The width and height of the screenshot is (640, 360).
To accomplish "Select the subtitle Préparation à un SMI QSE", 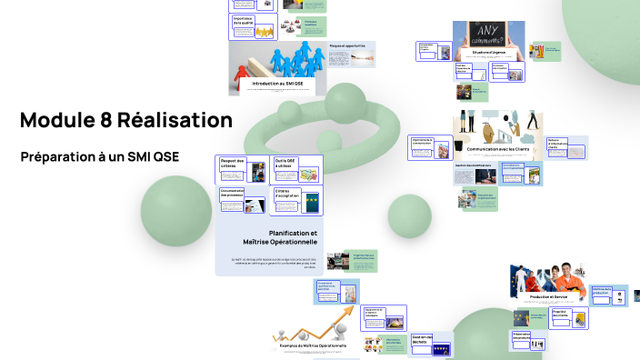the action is click(100, 156).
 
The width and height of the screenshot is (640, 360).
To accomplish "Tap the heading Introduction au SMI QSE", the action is click(277, 83).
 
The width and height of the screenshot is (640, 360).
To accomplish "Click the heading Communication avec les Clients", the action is click(497, 148).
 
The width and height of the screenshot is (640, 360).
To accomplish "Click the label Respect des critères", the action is click(234, 164).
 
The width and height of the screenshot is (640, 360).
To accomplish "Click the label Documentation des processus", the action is click(233, 194).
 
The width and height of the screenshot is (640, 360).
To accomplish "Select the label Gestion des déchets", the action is click(425, 339).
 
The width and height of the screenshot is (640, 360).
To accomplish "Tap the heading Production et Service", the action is click(548, 297).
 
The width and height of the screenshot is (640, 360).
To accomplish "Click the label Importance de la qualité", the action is click(243, 20).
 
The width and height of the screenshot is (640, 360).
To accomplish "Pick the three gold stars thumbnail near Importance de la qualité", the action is click(265, 33).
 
